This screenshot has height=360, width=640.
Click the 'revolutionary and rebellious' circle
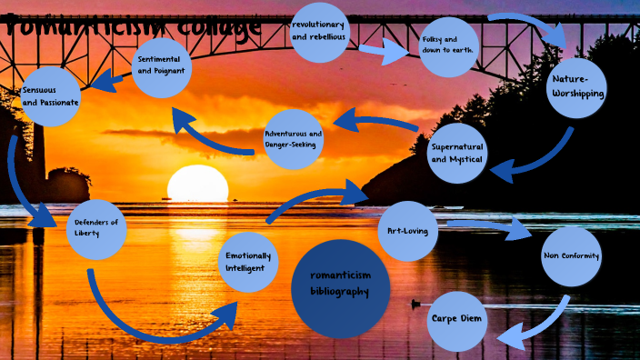click(320, 32)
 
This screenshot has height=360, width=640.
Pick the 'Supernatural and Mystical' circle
click(458, 152)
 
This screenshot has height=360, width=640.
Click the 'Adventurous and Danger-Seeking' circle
click(293, 139)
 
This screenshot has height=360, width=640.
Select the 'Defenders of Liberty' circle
click(97, 228)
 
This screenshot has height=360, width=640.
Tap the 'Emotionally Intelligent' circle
click(248, 261)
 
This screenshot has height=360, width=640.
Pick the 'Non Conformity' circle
click(571, 255)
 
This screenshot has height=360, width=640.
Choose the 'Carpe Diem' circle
click(456, 321)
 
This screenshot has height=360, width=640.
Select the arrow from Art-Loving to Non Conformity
click(491, 227)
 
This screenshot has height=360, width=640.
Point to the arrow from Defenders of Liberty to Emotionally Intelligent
click(155, 323)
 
